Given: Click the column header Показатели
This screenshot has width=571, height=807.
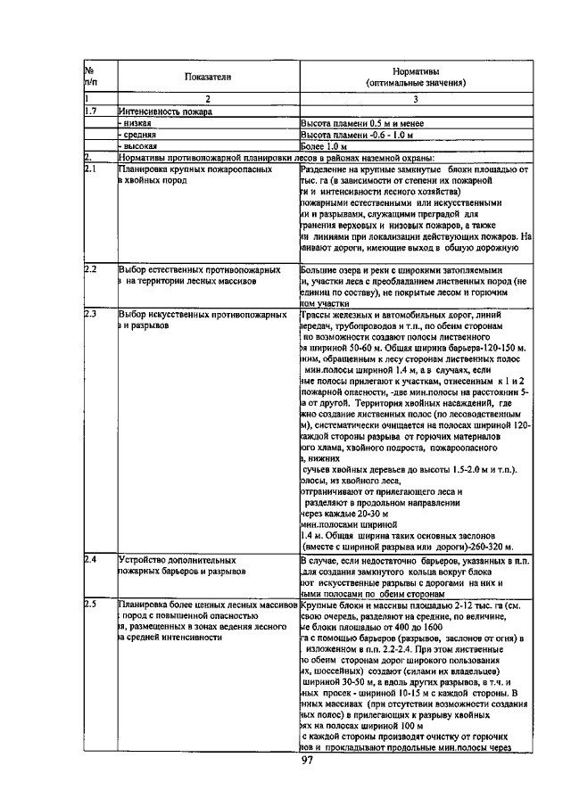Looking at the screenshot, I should (x=208, y=78).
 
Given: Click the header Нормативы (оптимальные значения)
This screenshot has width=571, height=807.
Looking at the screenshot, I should (x=415, y=77).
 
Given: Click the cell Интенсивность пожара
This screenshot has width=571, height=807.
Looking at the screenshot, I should (x=163, y=111).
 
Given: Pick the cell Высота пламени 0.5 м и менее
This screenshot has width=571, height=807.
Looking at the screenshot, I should (x=360, y=123).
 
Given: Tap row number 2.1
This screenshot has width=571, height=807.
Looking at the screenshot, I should (x=89, y=169).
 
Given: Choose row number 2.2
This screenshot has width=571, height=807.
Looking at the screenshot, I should (x=89, y=268).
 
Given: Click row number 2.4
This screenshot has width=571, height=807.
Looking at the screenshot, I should (x=89, y=559).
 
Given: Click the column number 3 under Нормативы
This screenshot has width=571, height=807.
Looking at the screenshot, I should (x=415, y=99).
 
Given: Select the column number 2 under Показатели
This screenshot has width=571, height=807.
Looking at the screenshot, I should (x=208, y=99).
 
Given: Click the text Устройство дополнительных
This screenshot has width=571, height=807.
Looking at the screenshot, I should (x=172, y=559).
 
